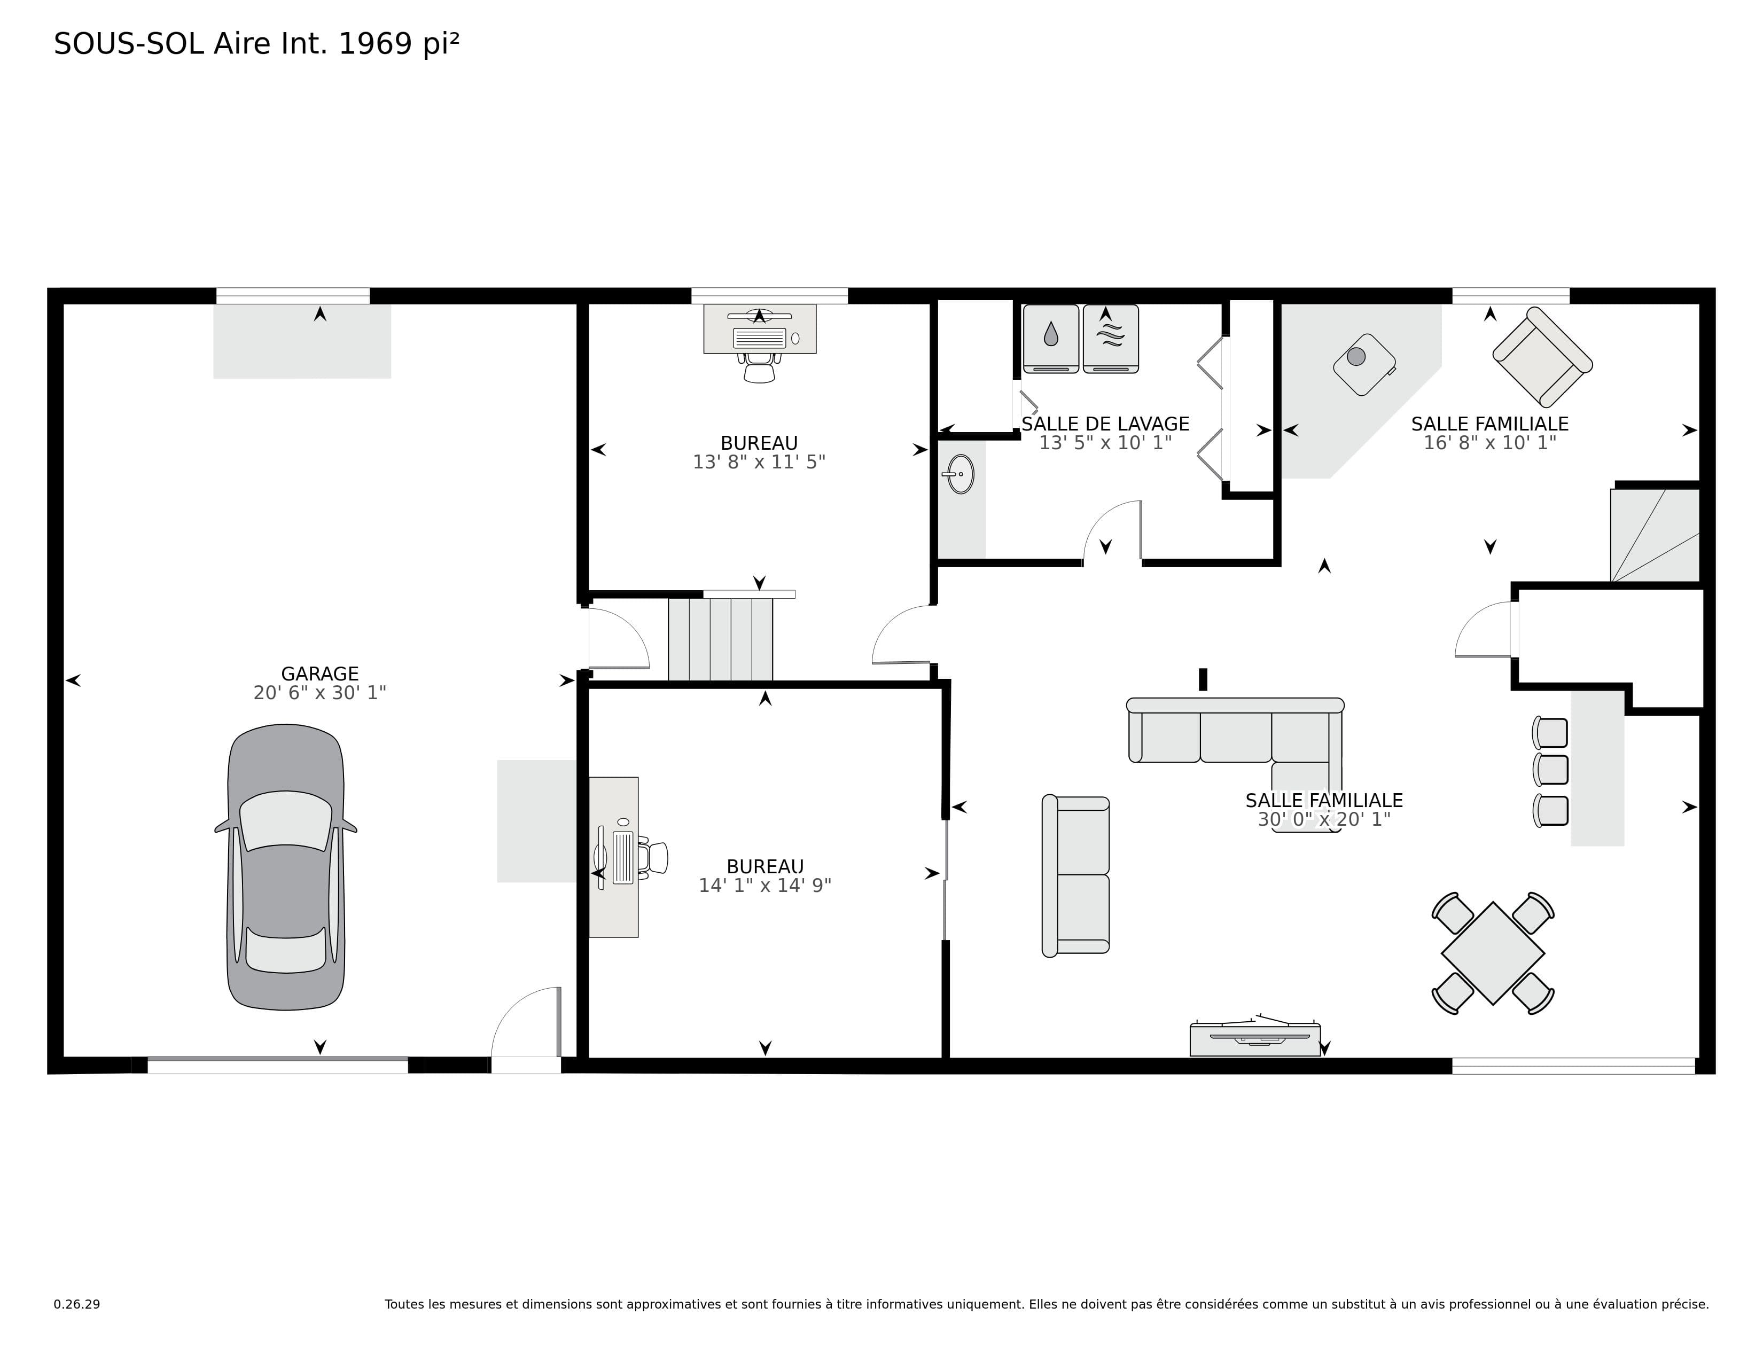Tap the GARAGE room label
tap(319, 674)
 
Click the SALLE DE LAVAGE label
tap(1105, 424)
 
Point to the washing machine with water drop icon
tap(1051, 339)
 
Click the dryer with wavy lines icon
tap(1111, 339)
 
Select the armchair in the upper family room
tap(1542, 357)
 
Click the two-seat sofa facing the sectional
tap(1075, 875)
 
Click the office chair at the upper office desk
tap(759, 369)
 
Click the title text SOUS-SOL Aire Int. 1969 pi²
tap(256, 44)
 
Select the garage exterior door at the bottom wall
tap(526, 1030)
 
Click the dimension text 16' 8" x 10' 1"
tap(1489, 443)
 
